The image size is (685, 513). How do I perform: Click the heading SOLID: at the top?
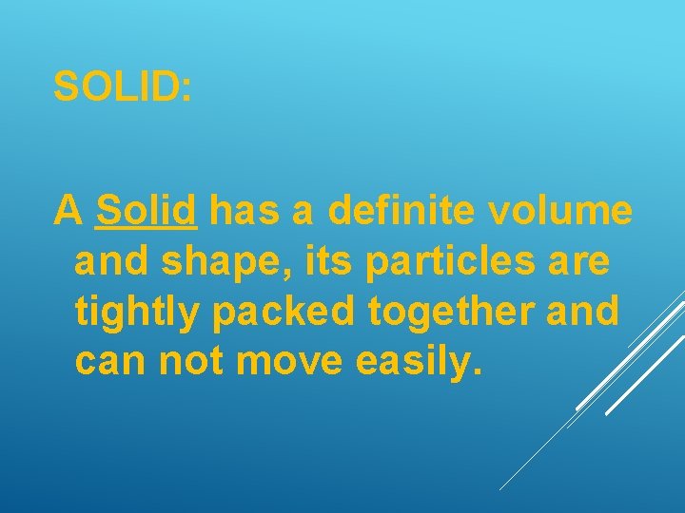pos(123,87)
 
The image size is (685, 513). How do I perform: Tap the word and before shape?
pos(111,261)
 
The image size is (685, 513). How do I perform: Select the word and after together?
pos(582,311)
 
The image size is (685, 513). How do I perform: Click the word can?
pos(111,362)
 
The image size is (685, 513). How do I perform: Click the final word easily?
pos(420,362)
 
